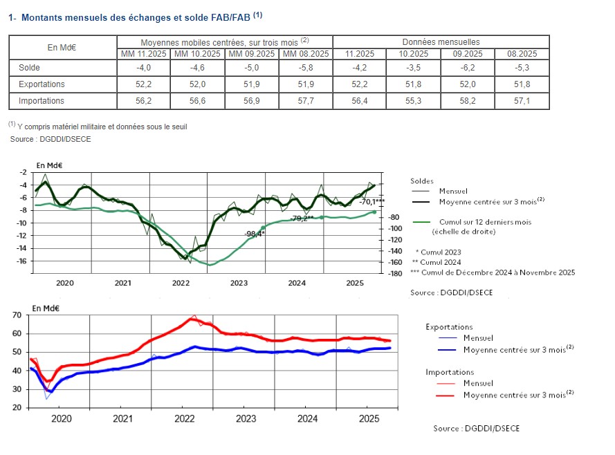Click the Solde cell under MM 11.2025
143,68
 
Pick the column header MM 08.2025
306,53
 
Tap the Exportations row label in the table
42,84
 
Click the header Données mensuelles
441,42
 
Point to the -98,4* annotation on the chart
255,234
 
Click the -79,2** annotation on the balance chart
302,218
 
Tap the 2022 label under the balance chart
181,283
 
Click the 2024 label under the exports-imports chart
306,418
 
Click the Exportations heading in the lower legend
449,327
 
